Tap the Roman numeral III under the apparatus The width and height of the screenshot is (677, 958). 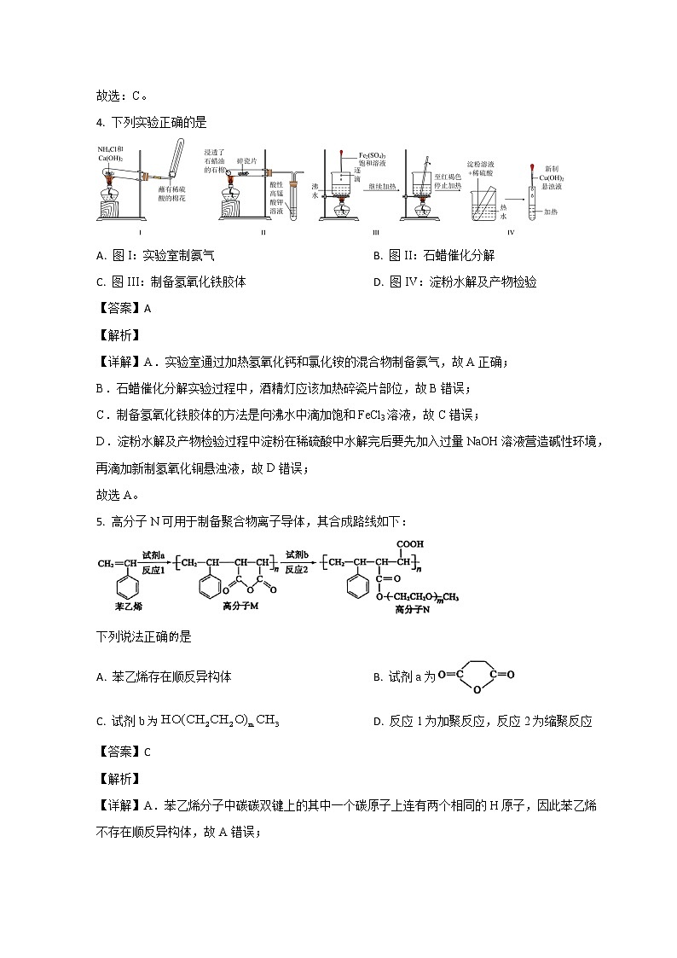[x=375, y=232]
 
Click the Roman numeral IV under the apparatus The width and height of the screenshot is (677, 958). [x=510, y=232]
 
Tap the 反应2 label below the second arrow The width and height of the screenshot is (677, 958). [x=296, y=569]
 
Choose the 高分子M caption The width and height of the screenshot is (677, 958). [x=240, y=606]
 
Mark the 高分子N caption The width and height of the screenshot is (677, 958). [x=413, y=611]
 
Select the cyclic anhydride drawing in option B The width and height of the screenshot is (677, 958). [x=476, y=676]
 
